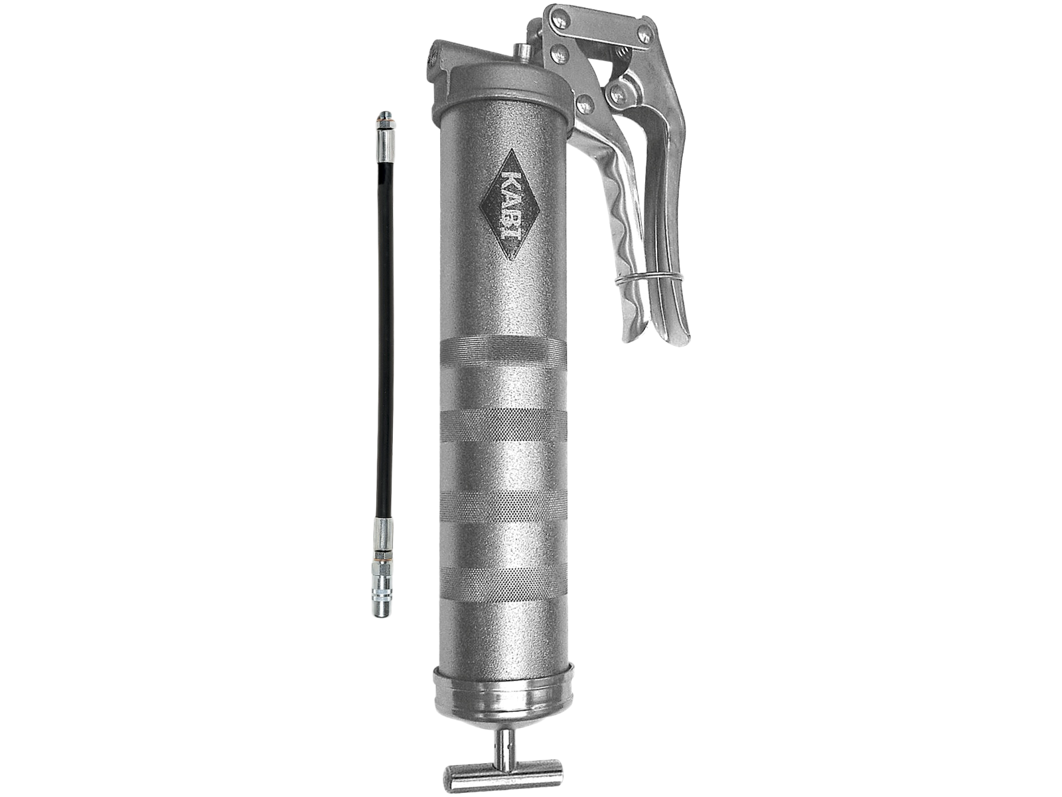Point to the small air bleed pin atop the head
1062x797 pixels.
tap(521, 50)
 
